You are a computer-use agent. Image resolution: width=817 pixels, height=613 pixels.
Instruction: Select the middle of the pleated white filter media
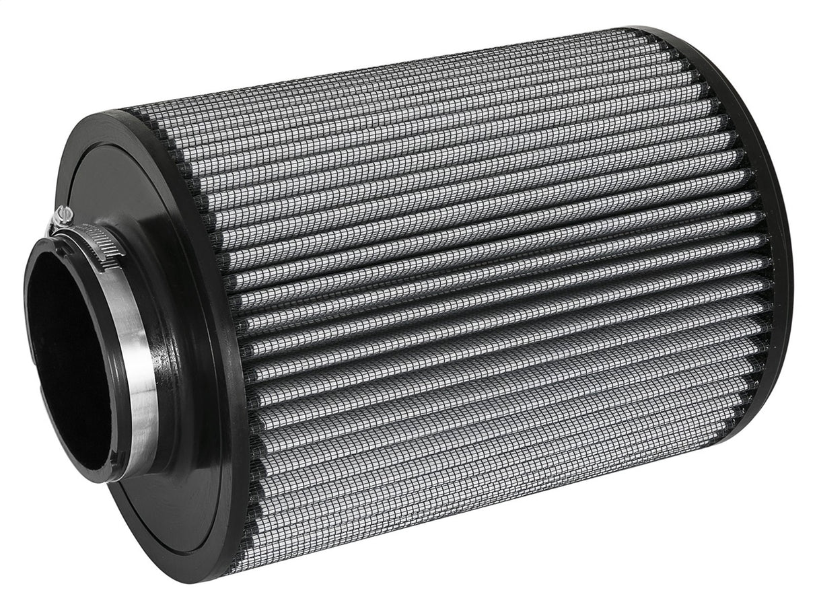click(485, 303)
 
